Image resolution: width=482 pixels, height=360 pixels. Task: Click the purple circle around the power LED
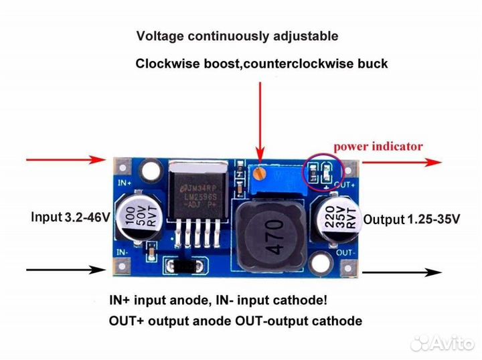[319, 173]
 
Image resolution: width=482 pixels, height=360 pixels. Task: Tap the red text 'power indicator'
[378, 146]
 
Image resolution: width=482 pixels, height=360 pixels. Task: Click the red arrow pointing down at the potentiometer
[260, 117]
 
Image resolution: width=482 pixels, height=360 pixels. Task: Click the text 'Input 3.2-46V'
[71, 217]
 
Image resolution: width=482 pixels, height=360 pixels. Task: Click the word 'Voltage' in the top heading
[160, 35]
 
